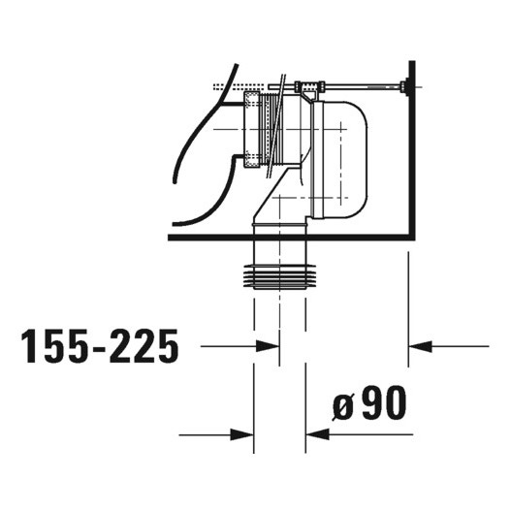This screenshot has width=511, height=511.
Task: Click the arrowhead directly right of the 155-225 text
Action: click(x=242, y=345)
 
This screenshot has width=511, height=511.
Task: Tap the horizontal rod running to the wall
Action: click(x=359, y=88)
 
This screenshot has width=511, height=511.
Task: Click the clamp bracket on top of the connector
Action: click(x=308, y=90)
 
